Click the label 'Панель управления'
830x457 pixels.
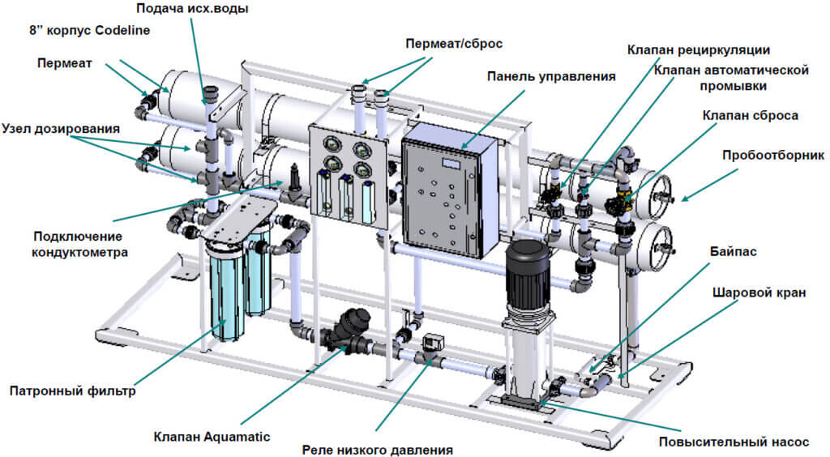pyautogui.click(x=551, y=77)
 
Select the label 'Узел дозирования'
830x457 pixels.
pyautogui.click(x=61, y=129)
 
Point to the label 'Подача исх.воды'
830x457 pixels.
pyautogui.click(x=191, y=9)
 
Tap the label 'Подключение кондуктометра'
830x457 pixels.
pyautogui.click(x=77, y=243)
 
